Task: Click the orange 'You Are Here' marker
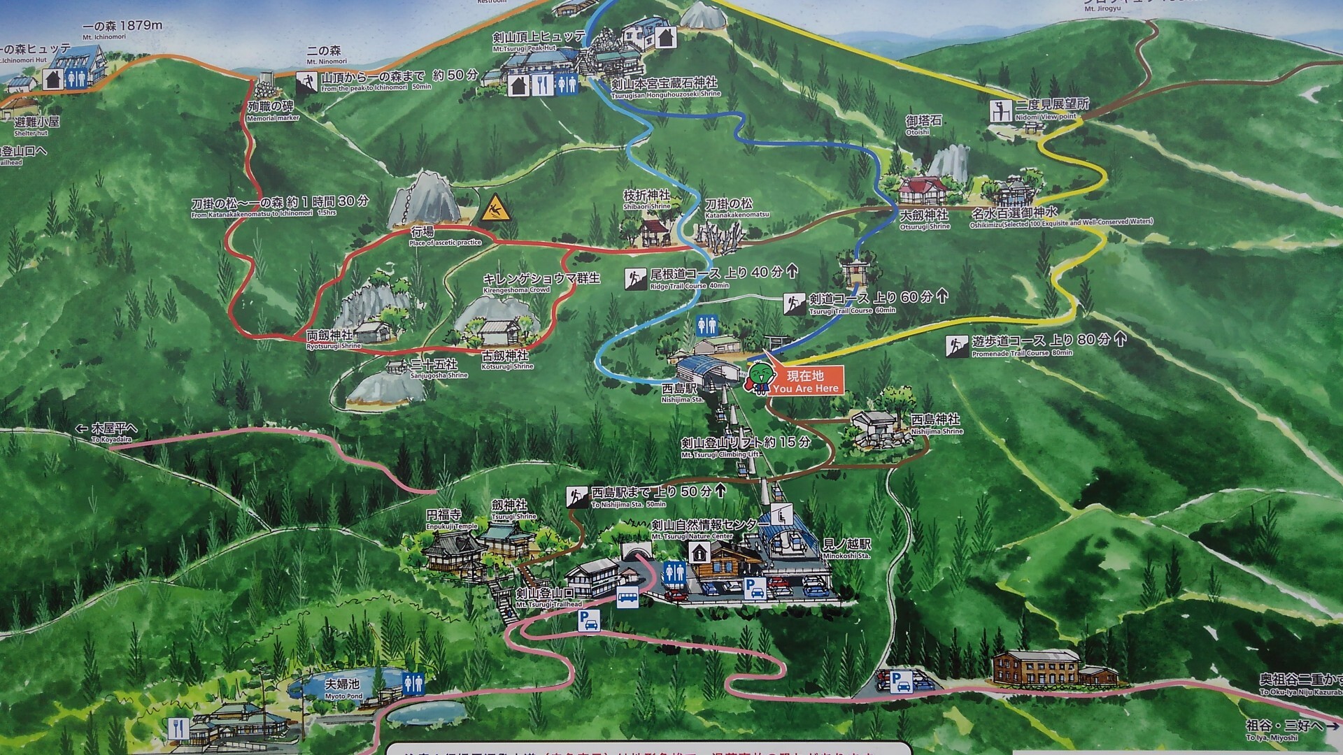[806, 382]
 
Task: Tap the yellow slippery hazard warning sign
[495, 208]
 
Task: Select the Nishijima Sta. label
[682, 392]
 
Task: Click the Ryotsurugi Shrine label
[334, 340]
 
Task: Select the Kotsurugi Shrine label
[507, 360]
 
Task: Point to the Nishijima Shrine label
[936, 424]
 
